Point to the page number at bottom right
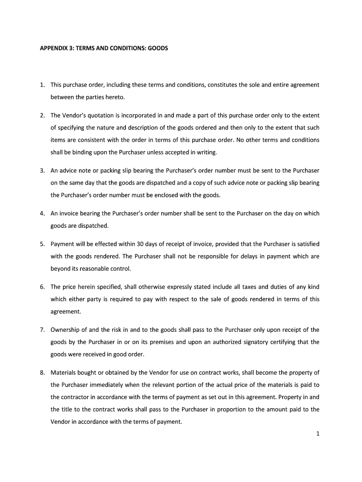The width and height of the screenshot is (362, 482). point(318,434)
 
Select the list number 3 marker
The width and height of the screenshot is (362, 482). point(42,170)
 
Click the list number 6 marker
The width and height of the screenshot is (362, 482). point(42,287)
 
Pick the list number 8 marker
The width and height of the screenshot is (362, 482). point(42,373)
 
